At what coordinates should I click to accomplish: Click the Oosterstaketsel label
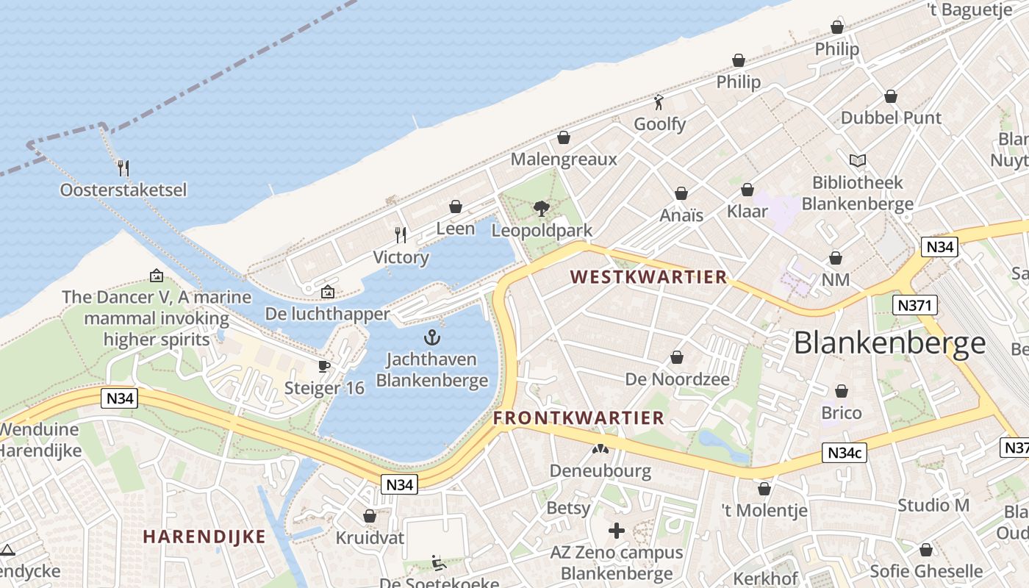(123, 190)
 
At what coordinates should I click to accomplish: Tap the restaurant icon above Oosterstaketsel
(123, 168)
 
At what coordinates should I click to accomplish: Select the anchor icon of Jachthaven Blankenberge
(432, 337)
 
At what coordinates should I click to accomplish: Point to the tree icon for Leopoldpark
(542, 209)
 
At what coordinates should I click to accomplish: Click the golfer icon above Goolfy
(659, 102)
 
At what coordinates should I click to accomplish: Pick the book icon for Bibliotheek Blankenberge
(857, 160)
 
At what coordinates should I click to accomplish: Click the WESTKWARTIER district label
(649, 277)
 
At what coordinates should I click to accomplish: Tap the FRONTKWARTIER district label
(578, 418)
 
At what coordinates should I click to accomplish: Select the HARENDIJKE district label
(204, 537)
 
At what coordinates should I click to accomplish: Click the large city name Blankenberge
(890, 343)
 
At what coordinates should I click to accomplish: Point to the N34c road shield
(844, 453)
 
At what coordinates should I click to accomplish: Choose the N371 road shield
(914, 305)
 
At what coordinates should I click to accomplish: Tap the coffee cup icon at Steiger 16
(324, 366)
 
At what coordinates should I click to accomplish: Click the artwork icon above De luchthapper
(328, 293)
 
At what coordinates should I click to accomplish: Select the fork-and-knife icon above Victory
(401, 235)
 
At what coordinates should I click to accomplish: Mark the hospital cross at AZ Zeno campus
(617, 530)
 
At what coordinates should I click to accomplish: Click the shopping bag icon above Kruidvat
(370, 516)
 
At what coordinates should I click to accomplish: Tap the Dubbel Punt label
(891, 118)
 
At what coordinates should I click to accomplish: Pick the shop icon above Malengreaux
(564, 137)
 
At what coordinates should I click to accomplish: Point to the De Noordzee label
(677, 379)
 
